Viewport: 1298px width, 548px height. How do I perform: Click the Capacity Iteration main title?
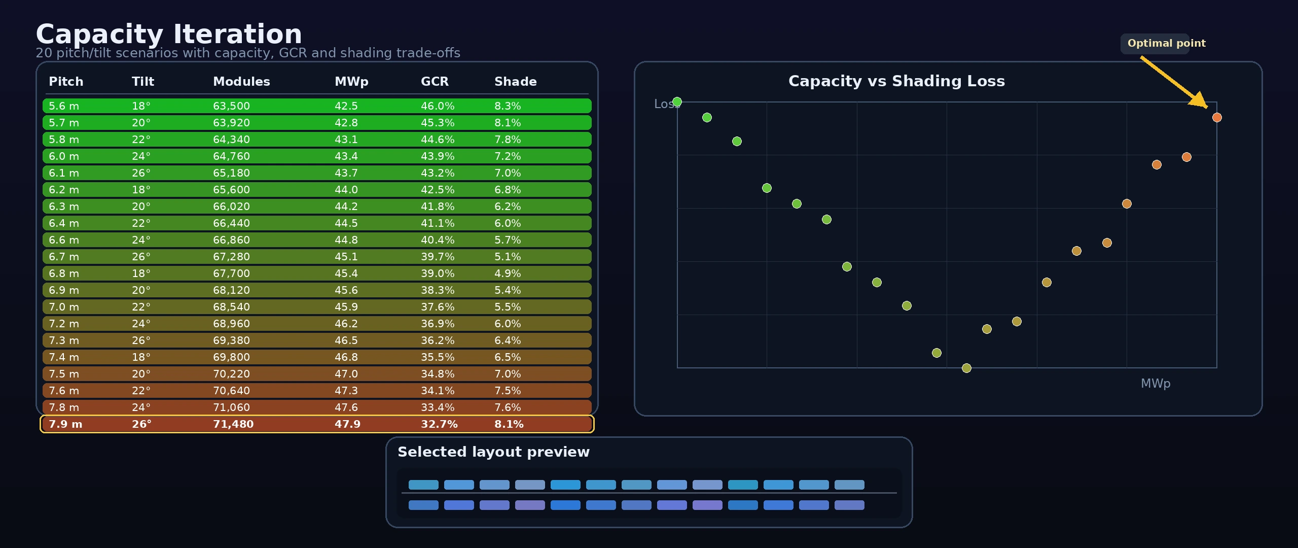click(169, 35)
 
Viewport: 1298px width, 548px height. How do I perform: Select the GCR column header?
click(435, 82)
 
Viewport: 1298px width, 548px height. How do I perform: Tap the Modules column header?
click(241, 82)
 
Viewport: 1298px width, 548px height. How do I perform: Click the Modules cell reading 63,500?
click(231, 106)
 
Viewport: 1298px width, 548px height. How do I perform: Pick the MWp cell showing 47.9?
click(347, 424)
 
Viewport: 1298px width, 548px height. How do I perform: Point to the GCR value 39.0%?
click(437, 273)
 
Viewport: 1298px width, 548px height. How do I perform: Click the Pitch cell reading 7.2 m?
click(64, 324)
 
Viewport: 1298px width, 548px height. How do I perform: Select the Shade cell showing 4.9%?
click(508, 273)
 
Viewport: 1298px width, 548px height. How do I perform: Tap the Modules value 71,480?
click(233, 424)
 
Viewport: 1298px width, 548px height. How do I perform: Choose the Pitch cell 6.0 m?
click(64, 156)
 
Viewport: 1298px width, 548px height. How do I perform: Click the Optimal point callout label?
click(1166, 44)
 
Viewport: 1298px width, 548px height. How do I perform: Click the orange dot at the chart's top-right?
click(1217, 118)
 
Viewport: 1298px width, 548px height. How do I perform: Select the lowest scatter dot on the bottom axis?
click(966, 368)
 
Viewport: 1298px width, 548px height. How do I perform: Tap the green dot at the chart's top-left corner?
click(677, 102)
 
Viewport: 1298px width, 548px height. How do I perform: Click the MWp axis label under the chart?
click(1156, 384)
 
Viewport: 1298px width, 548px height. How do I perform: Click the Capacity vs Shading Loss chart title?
click(896, 81)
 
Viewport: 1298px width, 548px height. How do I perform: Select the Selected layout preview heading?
click(493, 452)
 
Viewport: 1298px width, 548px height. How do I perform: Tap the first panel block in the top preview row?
click(423, 485)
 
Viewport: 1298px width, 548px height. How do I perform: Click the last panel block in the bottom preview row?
click(849, 505)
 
